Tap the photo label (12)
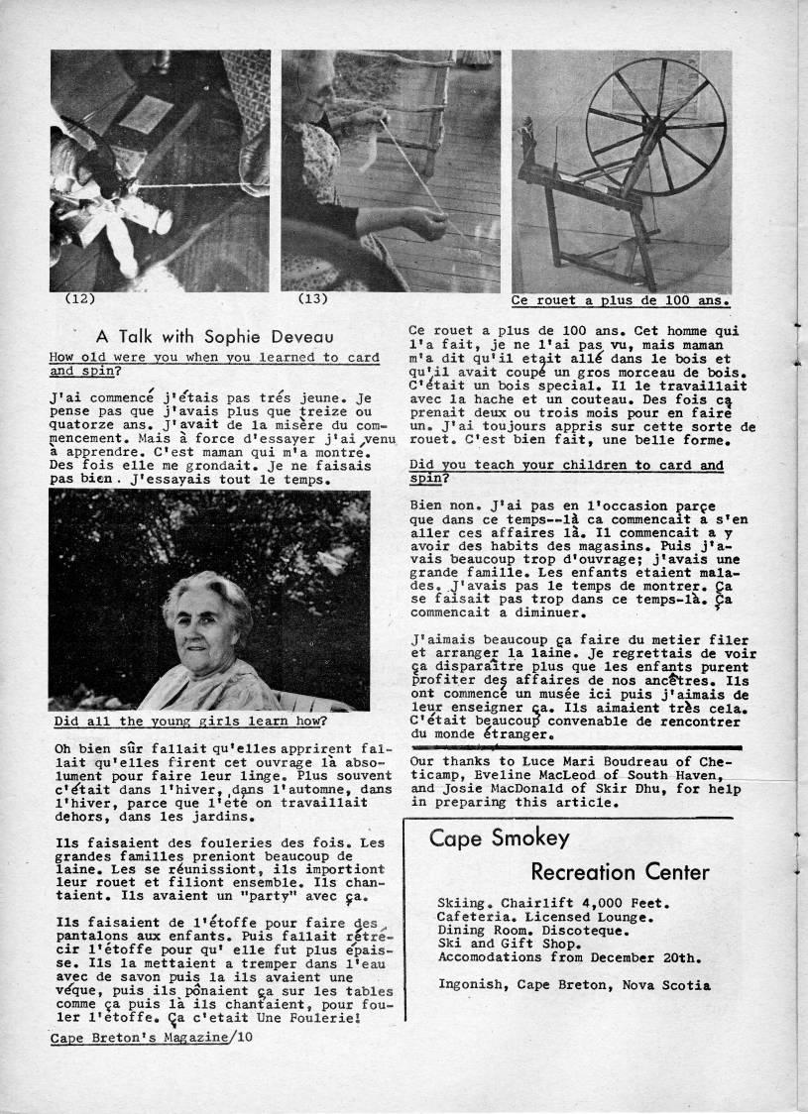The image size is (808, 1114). [x=79, y=298]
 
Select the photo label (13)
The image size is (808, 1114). [x=312, y=298]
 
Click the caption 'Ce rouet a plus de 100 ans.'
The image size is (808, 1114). [x=621, y=299]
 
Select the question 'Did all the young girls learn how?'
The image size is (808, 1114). [x=191, y=721]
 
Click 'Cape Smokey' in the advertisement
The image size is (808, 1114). [x=499, y=838]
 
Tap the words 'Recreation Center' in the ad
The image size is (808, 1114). [x=620, y=872]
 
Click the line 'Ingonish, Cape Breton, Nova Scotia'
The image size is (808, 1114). [x=574, y=985]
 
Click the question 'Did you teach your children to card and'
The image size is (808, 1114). [x=566, y=465]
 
